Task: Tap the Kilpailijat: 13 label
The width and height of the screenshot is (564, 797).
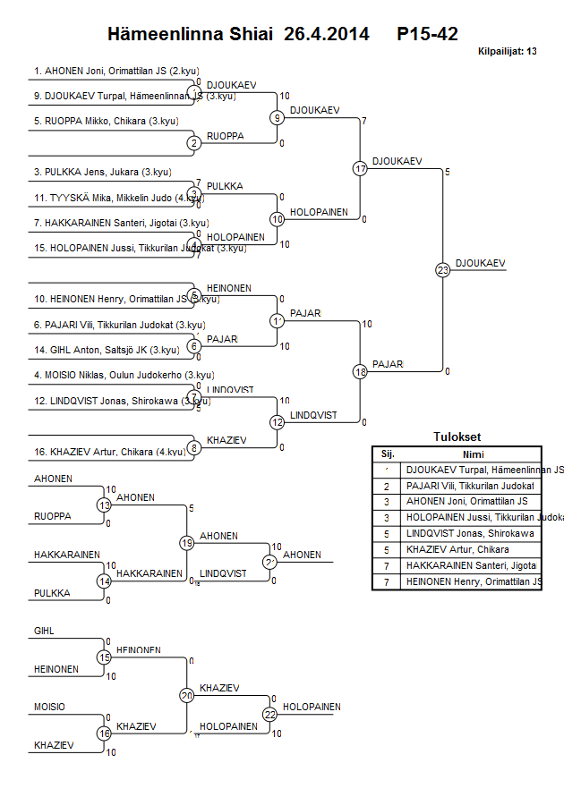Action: [x=508, y=52]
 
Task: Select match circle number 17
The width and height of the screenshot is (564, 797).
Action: [x=360, y=168]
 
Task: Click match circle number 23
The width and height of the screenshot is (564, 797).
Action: [x=442, y=269]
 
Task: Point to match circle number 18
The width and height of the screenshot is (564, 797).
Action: [x=360, y=371]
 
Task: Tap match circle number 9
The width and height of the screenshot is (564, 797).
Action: [x=278, y=117]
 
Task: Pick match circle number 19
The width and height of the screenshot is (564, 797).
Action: [x=187, y=543]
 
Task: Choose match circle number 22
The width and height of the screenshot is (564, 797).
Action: [x=269, y=714]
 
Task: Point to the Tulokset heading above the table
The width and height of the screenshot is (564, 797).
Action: [x=457, y=437]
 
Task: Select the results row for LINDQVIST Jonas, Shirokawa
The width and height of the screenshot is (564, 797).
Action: [x=470, y=533]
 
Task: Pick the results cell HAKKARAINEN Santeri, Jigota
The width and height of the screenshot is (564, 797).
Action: [x=471, y=565]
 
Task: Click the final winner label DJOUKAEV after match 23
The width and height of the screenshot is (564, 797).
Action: [x=480, y=262]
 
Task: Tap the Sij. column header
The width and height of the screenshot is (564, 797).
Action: [x=388, y=454]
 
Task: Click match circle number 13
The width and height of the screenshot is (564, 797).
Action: [x=105, y=505]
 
